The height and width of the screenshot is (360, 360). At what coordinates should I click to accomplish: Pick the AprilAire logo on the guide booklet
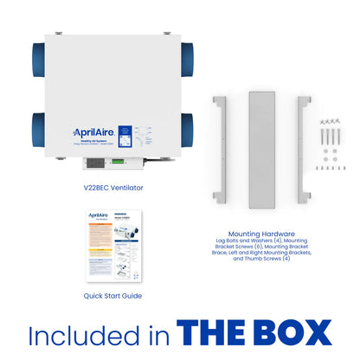pos(97,215)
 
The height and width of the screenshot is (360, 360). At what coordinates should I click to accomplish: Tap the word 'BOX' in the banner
pos(294,333)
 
